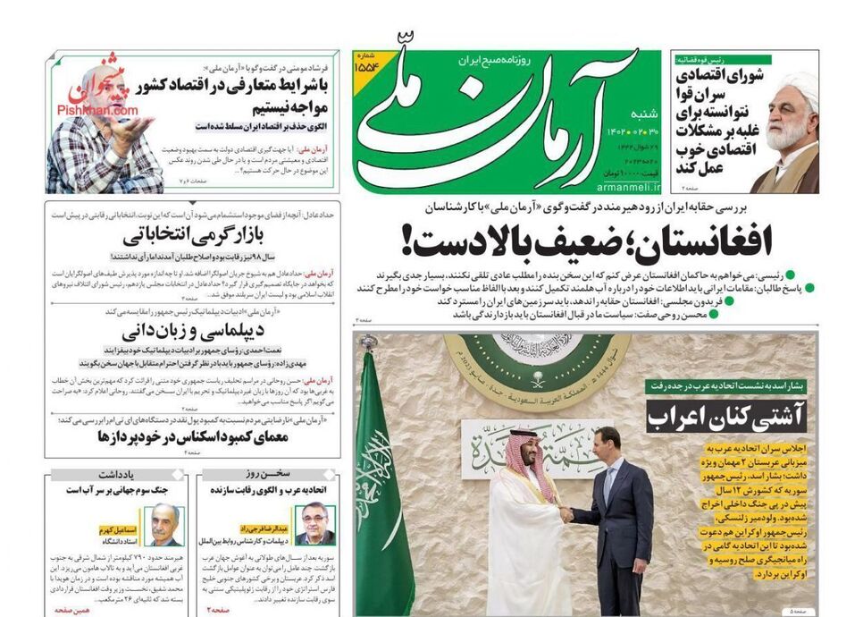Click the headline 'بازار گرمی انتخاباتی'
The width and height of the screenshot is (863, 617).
coord(182,237)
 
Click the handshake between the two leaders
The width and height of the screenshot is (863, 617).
coord(564,515)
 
